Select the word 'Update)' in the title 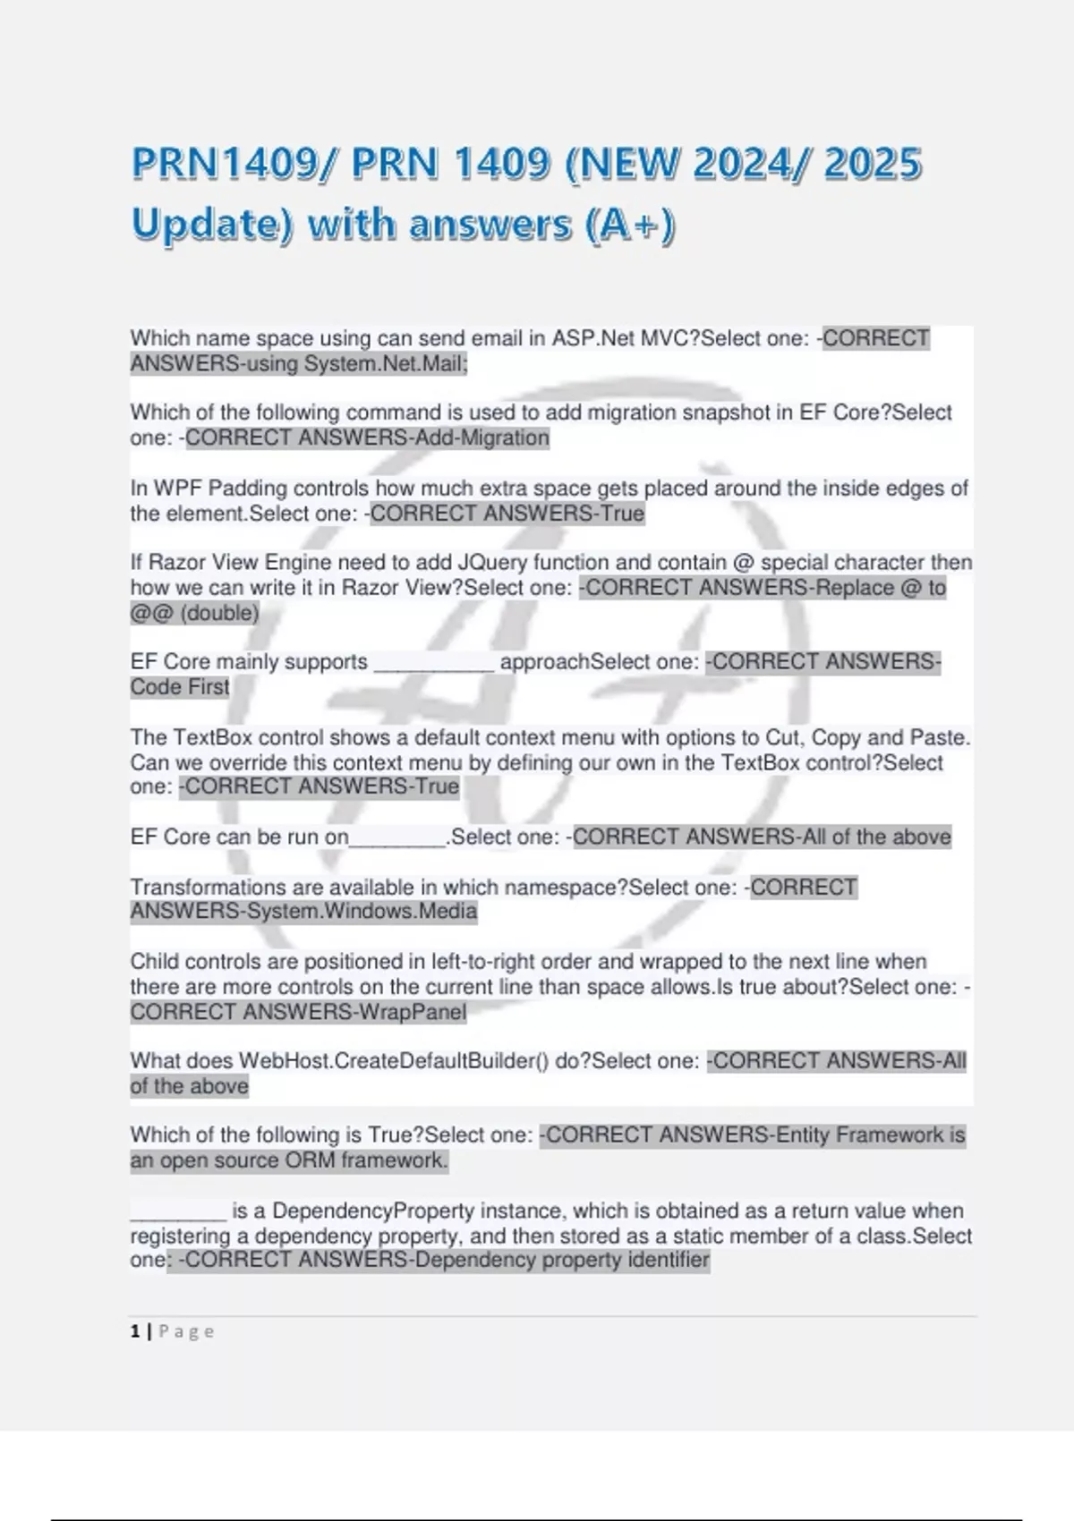(x=211, y=225)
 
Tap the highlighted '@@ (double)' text (x=194, y=613)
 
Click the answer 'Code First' (x=180, y=687)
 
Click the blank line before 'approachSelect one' (x=433, y=663)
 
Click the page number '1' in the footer (x=135, y=1331)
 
